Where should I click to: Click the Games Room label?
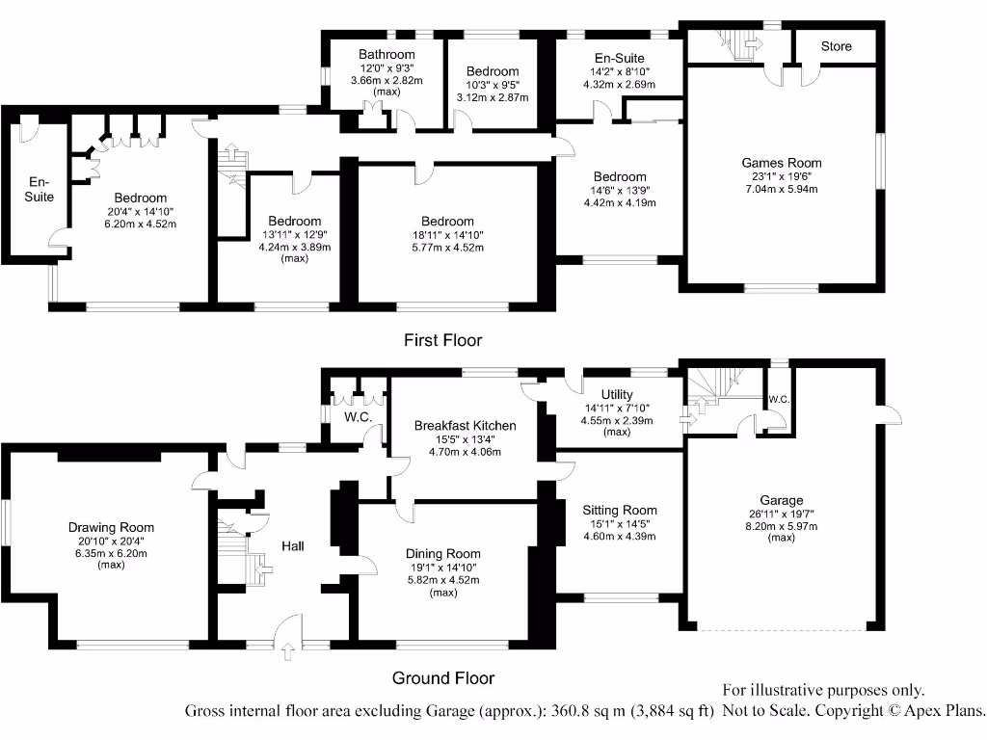(x=782, y=163)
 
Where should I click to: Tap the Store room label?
(x=836, y=46)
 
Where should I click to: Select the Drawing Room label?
(x=111, y=527)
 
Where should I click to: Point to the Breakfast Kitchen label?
(x=465, y=425)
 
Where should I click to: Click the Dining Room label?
(x=442, y=554)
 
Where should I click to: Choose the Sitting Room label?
(x=620, y=510)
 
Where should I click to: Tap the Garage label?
(x=781, y=500)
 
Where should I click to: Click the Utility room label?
(x=616, y=394)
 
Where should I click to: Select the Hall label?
(x=293, y=546)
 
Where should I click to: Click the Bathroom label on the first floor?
(x=387, y=55)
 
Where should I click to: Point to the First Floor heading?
(x=442, y=340)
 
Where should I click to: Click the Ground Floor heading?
(x=443, y=678)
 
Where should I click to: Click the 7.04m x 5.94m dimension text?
(x=782, y=189)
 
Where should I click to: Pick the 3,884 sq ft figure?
(x=672, y=712)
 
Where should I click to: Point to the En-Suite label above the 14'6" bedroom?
(x=620, y=59)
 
